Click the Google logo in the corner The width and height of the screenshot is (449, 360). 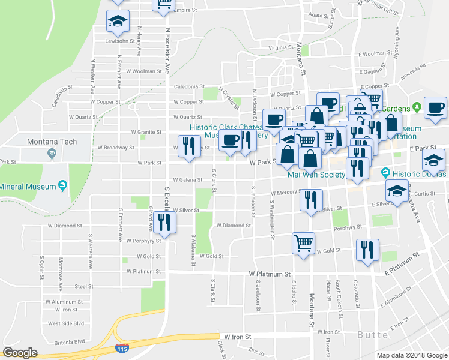pos(20,352)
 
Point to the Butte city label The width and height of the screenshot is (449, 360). pos(372,335)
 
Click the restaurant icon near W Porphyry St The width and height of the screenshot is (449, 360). pos(162,222)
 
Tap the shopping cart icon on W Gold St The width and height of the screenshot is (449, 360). pos(303,243)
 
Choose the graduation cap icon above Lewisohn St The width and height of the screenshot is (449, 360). pos(118,22)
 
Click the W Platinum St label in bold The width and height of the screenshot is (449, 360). pos(270,274)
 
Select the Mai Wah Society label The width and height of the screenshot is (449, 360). pos(316,175)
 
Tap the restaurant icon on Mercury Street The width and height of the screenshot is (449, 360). pos(310,200)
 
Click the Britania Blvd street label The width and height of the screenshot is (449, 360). pos(67,341)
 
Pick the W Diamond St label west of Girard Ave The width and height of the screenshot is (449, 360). pos(64,226)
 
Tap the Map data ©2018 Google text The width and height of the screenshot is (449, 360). pos(411,355)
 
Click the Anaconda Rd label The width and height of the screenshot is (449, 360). pos(414,68)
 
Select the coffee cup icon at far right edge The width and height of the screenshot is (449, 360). pos(435,108)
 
